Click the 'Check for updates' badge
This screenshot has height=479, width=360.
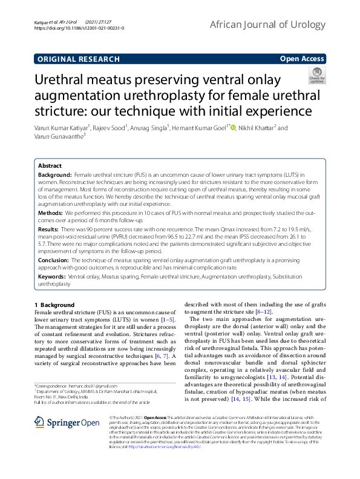tap(317, 76)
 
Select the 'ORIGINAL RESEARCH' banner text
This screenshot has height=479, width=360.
tap(78, 59)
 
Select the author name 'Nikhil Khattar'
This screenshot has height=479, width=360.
tap(258, 128)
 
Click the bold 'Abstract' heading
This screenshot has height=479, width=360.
tap(50, 165)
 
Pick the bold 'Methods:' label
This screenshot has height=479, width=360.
tap(50, 213)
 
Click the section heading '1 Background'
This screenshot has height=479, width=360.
tap(54, 304)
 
